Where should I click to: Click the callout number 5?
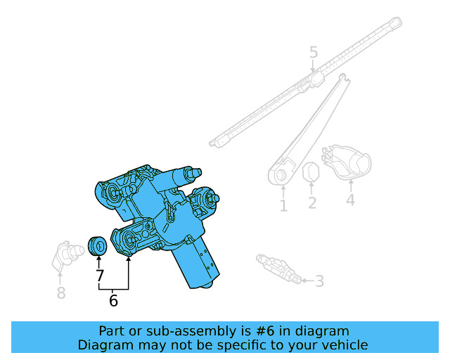314,52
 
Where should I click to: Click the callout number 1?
283,205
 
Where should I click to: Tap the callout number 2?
311,203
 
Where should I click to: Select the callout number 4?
350,201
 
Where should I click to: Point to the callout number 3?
319,281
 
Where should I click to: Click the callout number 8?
61,293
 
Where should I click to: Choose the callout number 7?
99,276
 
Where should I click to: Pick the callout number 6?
113,301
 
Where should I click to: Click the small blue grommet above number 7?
98,246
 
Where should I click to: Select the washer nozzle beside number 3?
278,269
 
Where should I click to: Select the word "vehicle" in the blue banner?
343,345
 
